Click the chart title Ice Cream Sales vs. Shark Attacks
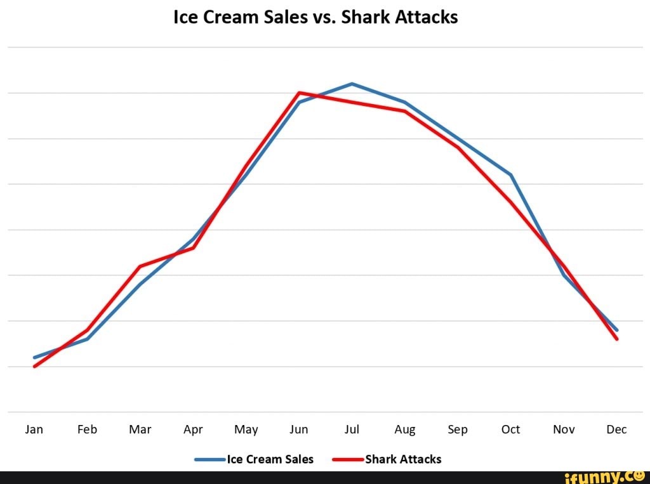tap(315, 17)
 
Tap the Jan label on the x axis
tap(34, 429)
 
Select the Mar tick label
tap(140, 429)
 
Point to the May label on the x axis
tap(246, 430)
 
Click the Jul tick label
tap(352, 429)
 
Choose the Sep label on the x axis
tap(458, 430)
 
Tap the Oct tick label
tap(510, 429)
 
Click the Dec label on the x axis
tap(616, 429)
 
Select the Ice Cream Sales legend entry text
tap(270, 459)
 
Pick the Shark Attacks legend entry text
tap(403, 459)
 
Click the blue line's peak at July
tap(352, 84)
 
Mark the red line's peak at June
tap(299, 93)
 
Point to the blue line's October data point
tap(511, 174)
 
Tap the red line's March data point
tap(140, 266)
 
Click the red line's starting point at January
tap(34, 367)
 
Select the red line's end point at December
tap(616, 339)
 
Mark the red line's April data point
tap(193, 248)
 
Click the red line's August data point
tap(405, 111)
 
